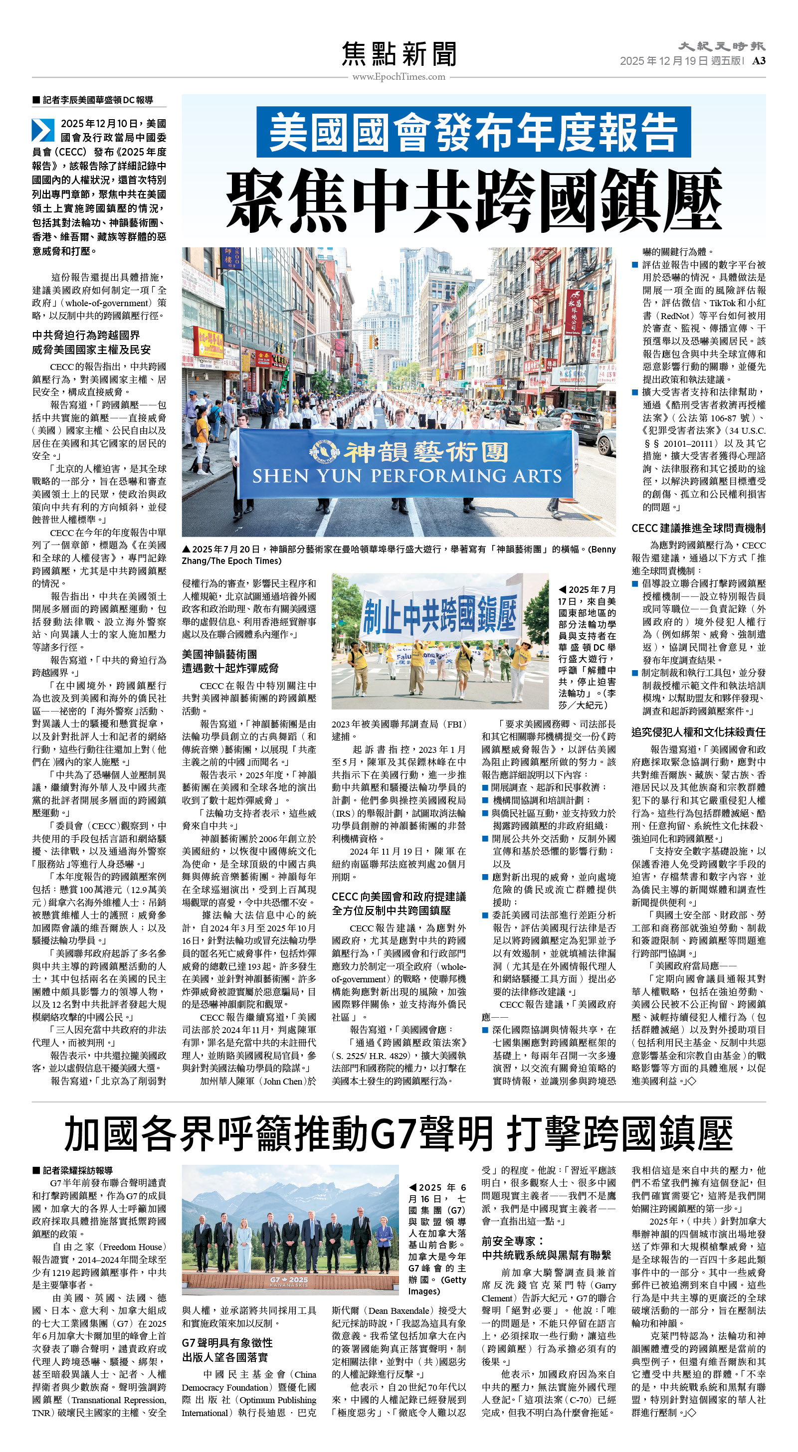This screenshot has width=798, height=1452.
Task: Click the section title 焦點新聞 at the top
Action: pyautogui.click(x=399, y=54)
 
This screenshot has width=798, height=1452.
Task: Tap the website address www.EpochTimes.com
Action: pyautogui.click(x=399, y=77)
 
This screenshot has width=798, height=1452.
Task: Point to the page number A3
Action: pyautogui.click(x=759, y=61)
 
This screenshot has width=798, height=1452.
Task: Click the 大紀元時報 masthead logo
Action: pyautogui.click(x=721, y=46)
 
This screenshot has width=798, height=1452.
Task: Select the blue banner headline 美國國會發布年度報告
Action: pyautogui.click(x=473, y=131)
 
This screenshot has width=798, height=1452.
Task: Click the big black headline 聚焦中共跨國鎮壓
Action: pyautogui.click(x=473, y=199)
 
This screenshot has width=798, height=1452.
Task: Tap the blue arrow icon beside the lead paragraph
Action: pyautogui.click(x=43, y=130)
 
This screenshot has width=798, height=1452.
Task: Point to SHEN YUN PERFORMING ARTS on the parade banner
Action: pyautogui.click(x=406, y=476)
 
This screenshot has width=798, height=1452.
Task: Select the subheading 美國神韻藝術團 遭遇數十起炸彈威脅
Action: pyautogui.click(x=229, y=661)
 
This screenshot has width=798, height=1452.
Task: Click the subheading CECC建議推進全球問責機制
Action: pyautogui.click(x=698, y=528)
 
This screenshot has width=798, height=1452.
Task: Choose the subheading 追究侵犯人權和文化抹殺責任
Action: pyautogui.click(x=698, y=731)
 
